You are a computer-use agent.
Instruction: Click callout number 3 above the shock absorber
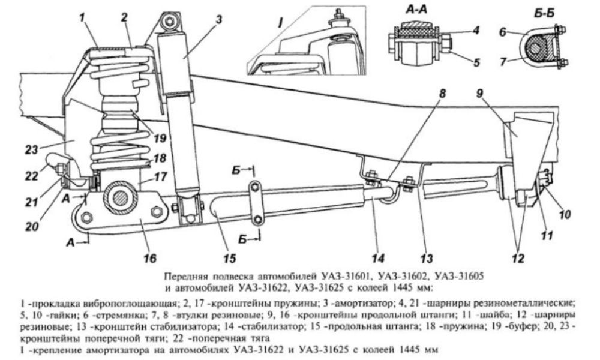tap(218, 19)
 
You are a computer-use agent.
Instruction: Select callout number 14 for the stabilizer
tap(378, 258)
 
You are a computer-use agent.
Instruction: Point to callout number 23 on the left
tap(32, 149)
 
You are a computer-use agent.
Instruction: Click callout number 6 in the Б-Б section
tap(503, 32)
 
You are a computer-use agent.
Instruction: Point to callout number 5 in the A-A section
tap(476, 62)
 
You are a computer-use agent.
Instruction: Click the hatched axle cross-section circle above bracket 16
tap(120, 197)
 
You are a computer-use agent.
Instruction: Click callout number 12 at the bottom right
tap(518, 258)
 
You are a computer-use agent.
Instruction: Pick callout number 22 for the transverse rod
tap(32, 176)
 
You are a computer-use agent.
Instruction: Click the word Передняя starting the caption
tap(181, 276)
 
